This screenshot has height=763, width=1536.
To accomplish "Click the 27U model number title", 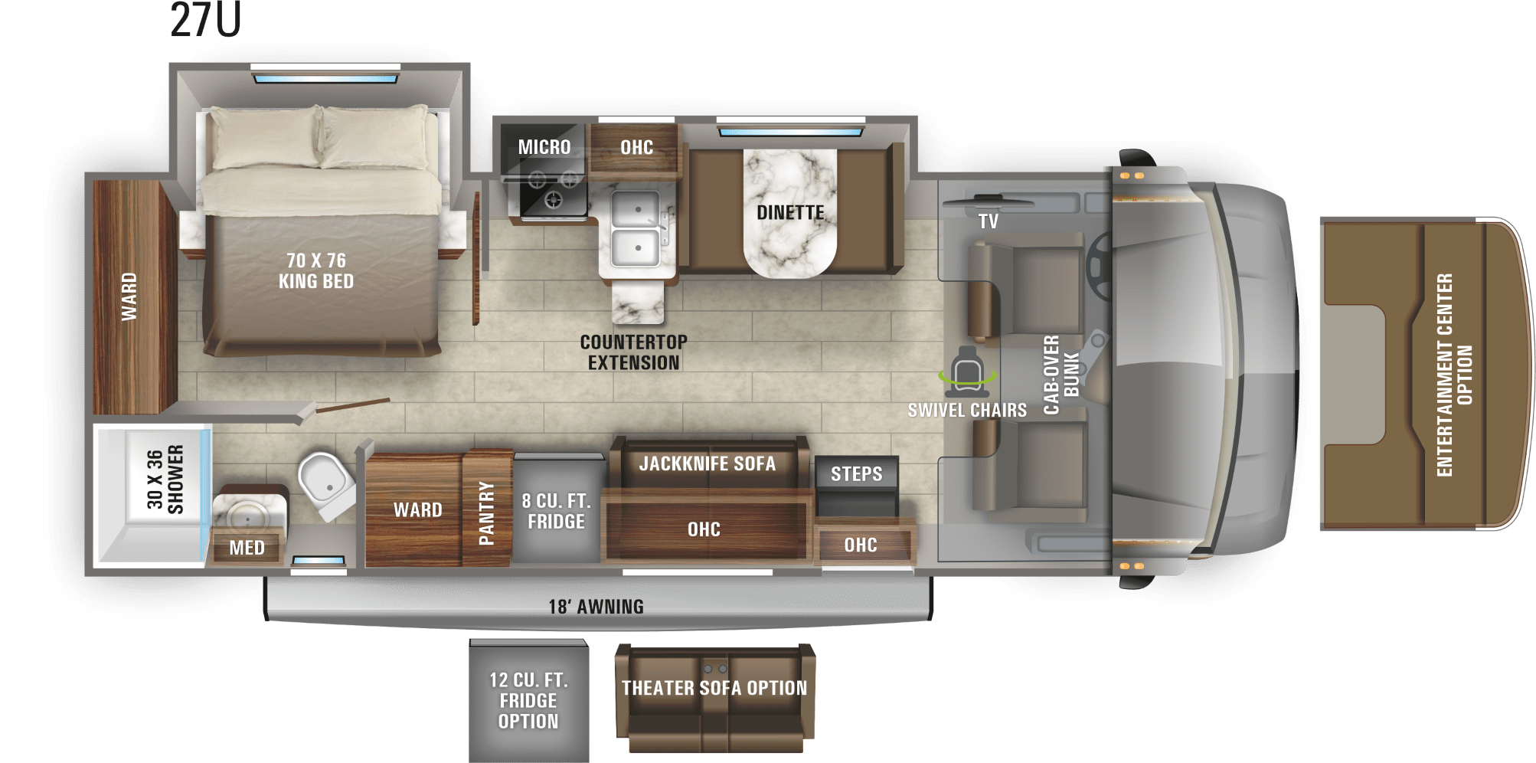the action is pyautogui.click(x=205, y=20).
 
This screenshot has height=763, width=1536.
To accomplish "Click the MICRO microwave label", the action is pyautogui.click(x=544, y=147).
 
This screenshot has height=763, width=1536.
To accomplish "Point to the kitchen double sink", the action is pyautogui.click(x=636, y=228).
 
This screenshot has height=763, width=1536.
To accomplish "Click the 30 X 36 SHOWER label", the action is pyautogui.click(x=165, y=480).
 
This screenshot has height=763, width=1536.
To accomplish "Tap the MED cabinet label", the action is pyautogui.click(x=247, y=548).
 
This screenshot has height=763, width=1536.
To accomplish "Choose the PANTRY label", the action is pyautogui.click(x=486, y=512).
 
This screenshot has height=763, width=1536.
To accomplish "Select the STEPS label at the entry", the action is pyautogui.click(x=856, y=474).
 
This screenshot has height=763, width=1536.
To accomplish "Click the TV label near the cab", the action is pyautogui.click(x=988, y=221).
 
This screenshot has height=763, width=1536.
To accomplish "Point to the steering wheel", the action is pyautogui.click(x=1100, y=267).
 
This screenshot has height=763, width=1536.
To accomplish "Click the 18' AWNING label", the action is pyautogui.click(x=596, y=607).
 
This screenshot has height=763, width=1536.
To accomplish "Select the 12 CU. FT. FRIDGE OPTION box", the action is pyautogui.click(x=529, y=701).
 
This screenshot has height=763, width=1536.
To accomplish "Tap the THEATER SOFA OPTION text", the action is pyautogui.click(x=714, y=688).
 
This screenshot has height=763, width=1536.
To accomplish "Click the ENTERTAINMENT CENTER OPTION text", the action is pyautogui.click(x=1454, y=375).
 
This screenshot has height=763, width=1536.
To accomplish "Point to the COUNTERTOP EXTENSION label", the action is pyautogui.click(x=633, y=352).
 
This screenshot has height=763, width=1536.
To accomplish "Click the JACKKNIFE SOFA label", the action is pyautogui.click(x=707, y=463).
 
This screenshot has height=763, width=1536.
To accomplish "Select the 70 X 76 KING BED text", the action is pyautogui.click(x=316, y=271).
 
